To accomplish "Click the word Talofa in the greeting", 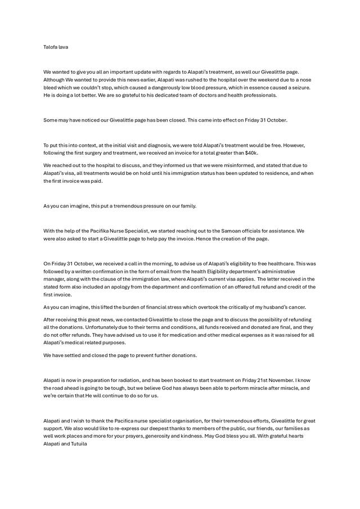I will pos(50,47).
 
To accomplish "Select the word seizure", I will pos(299,88).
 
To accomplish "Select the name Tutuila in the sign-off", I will pos(77,444).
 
